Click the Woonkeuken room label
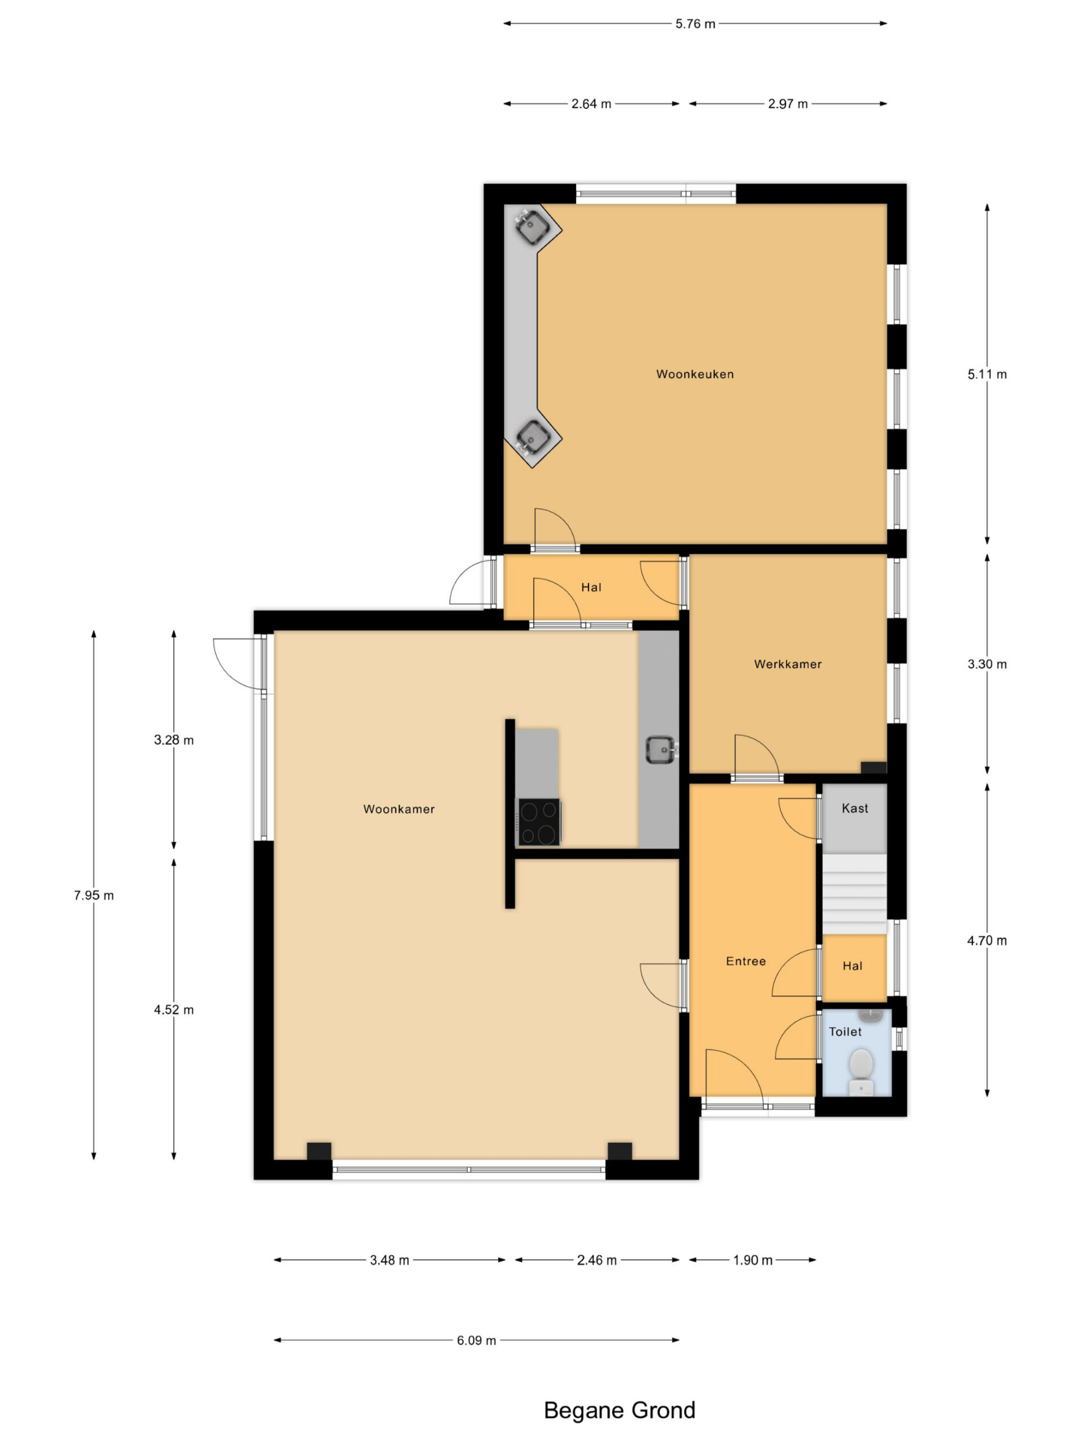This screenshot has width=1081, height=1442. [695, 374]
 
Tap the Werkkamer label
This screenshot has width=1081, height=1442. [788, 664]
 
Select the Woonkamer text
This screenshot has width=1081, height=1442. [399, 809]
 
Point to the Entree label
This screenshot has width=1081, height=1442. [746, 961]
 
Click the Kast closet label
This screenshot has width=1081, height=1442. [855, 808]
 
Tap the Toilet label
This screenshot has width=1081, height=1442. [845, 1032]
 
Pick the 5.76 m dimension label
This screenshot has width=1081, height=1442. [695, 24]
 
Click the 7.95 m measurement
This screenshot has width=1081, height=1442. [94, 896]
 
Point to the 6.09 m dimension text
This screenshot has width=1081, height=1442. [476, 1340]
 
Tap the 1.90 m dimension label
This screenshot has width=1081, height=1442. [753, 1260]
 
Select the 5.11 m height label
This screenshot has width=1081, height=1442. [987, 374]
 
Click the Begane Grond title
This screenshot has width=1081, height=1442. [620, 1410]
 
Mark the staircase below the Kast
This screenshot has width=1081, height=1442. [854, 894]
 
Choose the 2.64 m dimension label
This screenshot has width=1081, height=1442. [591, 104]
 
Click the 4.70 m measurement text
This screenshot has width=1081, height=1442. [987, 941]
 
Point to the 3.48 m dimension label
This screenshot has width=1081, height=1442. [390, 1260]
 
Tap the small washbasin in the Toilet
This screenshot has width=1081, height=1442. [870, 1016]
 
